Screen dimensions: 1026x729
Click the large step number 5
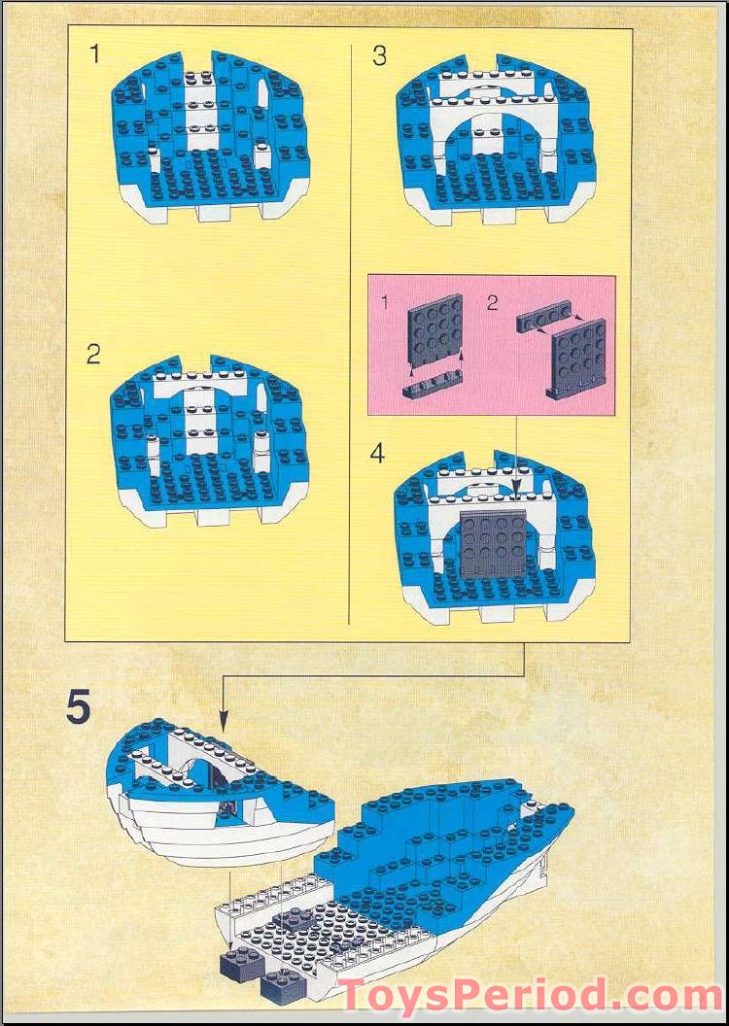click(x=79, y=707)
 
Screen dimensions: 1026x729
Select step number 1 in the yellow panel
click(x=94, y=54)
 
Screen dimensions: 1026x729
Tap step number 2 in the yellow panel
click(x=93, y=354)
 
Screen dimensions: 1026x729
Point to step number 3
click(x=379, y=55)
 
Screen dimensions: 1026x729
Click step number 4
click(x=378, y=454)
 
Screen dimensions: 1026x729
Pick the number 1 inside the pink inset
click(x=385, y=303)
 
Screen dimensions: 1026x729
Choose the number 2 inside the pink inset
click(x=492, y=302)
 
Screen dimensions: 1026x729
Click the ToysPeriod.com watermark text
click(x=531, y=997)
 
